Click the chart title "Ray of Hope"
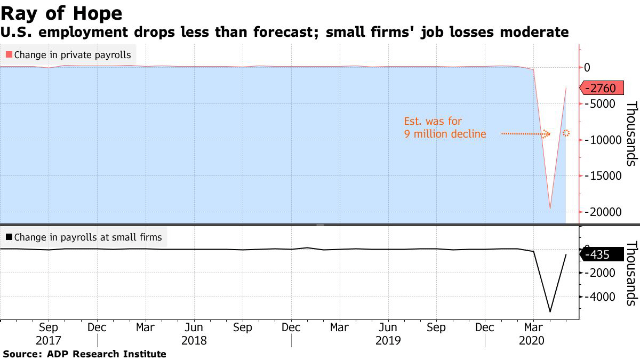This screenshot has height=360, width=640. coord(61,13)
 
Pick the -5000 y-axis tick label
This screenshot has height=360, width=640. coord(603,103)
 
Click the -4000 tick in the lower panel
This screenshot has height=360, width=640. coord(603,297)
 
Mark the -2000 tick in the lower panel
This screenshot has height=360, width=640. coord(603,273)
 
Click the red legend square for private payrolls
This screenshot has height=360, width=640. coord(9,54)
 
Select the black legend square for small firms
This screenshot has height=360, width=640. coord(9,237)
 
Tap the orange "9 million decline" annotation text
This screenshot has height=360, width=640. coord(445,134)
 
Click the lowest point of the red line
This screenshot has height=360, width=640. coord(549,209)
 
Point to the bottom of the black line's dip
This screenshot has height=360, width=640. coord(549,311)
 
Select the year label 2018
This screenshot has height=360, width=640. coord(194,340)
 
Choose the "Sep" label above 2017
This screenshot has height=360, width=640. coord(49,327)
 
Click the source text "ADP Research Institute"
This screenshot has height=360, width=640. coord(106,354)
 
